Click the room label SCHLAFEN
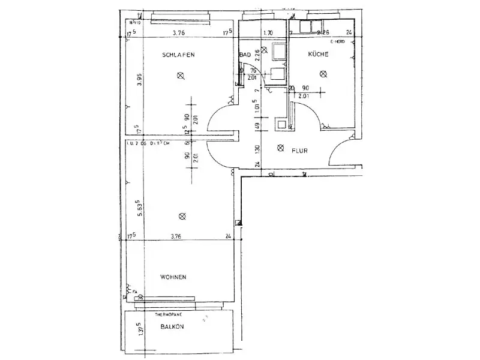178,55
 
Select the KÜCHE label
319,55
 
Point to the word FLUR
300,151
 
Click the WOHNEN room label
173,277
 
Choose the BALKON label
172,326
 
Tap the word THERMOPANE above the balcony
169,314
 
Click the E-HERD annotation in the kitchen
338,43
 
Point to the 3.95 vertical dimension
139,80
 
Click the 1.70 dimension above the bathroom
268,33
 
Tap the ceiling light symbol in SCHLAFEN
181,75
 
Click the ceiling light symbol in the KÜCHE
323,74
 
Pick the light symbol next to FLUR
279,148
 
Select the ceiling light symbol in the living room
182,216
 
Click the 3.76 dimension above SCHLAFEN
178,33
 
